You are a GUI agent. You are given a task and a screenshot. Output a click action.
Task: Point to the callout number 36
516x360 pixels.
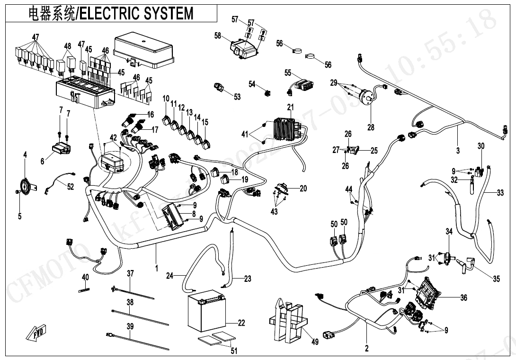(463, 297)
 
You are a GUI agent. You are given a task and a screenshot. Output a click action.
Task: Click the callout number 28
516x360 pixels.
(370, 126)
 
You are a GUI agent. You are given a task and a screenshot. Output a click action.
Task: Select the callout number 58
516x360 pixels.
(218, 36)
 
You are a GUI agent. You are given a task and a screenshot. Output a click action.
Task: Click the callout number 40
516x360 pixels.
(85, 277)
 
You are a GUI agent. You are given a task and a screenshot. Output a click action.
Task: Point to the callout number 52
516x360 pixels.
(70, 187)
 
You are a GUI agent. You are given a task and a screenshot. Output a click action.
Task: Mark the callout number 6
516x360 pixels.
(42, 162)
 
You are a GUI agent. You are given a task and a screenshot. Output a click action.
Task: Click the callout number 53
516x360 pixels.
(237, 97)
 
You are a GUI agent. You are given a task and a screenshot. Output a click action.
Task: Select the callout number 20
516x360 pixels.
(303, 189)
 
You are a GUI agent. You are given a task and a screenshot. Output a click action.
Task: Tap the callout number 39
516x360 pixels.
(130, 326)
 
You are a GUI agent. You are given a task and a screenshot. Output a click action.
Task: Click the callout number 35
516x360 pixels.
(496, 279)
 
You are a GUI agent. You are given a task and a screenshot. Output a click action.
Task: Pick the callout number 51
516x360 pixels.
(234, 351)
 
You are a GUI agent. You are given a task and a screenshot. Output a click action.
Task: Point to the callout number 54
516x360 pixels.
(252, 84)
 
